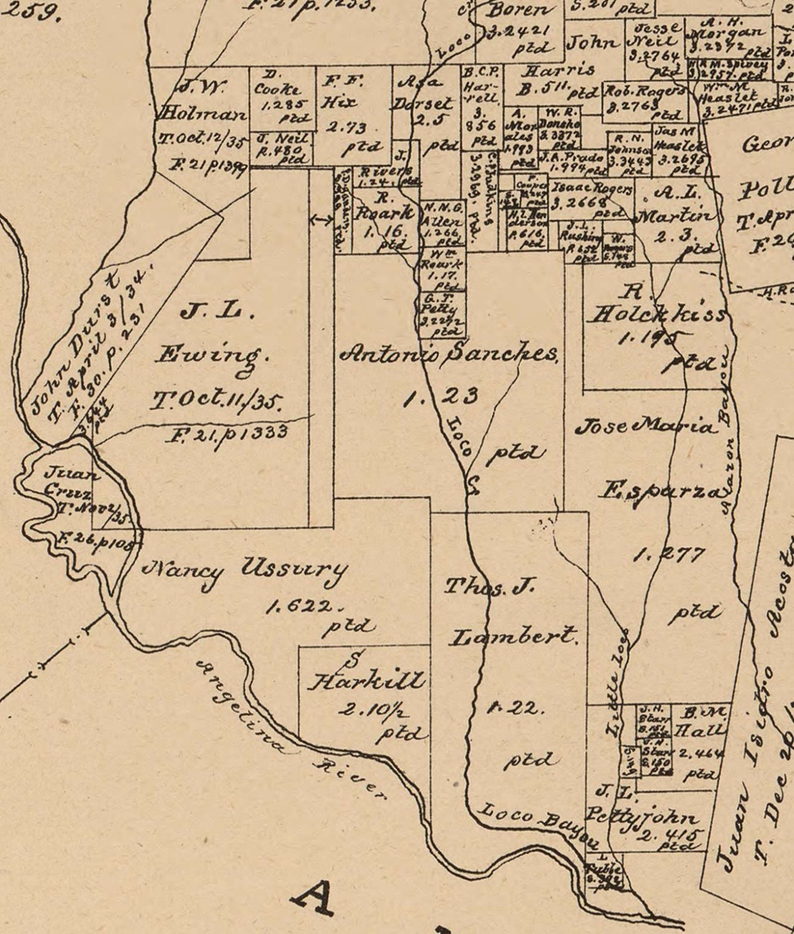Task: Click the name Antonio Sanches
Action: point(449,354)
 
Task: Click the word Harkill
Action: point(368,681)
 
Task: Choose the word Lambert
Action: point(514,636)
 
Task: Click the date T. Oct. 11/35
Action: point(215,401)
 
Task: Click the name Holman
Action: point(203,114)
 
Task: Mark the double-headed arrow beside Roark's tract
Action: point(322,219)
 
